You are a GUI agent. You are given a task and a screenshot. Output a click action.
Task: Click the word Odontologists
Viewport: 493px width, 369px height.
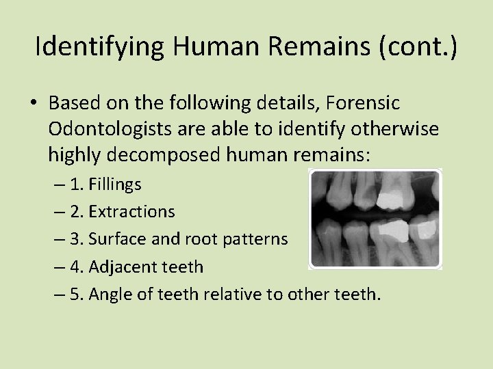coord(111,128)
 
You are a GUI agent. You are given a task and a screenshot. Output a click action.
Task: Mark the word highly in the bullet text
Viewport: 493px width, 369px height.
coord(75,155)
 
